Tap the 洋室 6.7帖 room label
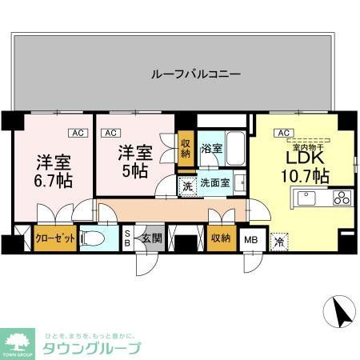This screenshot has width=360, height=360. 52,170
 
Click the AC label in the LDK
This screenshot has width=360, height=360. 282,133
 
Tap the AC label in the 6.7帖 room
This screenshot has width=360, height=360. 77,133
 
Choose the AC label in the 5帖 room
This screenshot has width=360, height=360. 111,133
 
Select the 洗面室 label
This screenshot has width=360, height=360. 215,182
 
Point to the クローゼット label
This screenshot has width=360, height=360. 55,238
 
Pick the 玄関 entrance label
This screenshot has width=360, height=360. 152,238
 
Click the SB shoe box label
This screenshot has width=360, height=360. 126,238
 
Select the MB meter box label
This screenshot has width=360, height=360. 250,238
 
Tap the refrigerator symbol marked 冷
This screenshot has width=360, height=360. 279,238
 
